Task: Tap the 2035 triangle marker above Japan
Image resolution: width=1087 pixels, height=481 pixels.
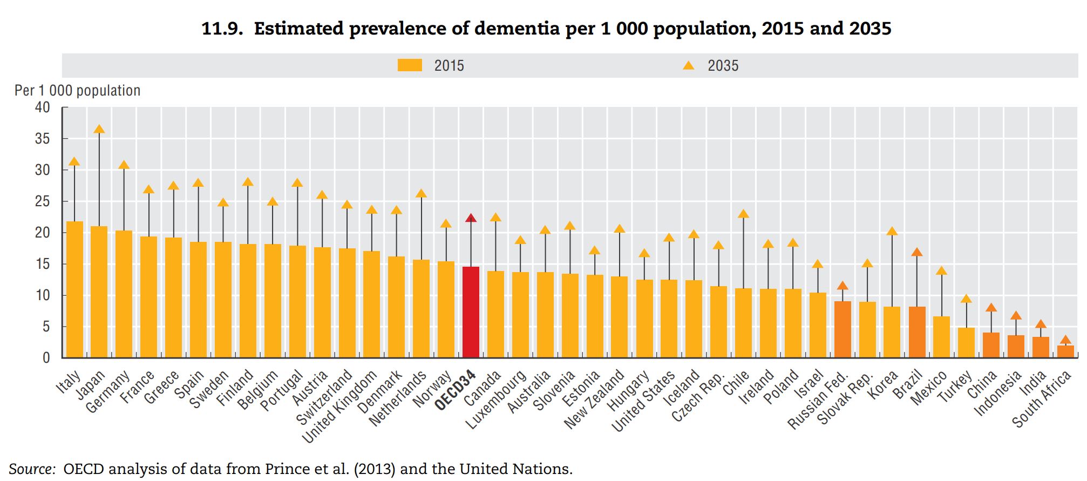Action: pos(99,130)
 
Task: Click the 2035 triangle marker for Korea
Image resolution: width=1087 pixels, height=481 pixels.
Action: pos(892,232)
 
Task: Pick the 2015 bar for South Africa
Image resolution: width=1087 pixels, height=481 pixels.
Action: pos(1065,351)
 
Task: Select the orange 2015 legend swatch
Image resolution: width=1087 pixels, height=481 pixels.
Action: pos(410,65)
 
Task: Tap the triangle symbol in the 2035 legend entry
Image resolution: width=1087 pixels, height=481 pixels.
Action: pos(688,65)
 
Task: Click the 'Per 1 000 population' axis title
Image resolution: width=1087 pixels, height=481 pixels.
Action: pos(77,91)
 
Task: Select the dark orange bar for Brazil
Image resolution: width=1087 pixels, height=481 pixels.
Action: pos(917,332)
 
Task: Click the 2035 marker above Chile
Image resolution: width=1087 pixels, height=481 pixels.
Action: pos(743,214)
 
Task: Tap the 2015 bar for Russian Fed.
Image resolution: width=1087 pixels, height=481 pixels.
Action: pos(843,329)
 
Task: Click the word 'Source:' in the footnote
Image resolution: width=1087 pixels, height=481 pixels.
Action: pos(32,469)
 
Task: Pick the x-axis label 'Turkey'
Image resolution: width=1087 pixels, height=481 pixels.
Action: pos(955,387)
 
